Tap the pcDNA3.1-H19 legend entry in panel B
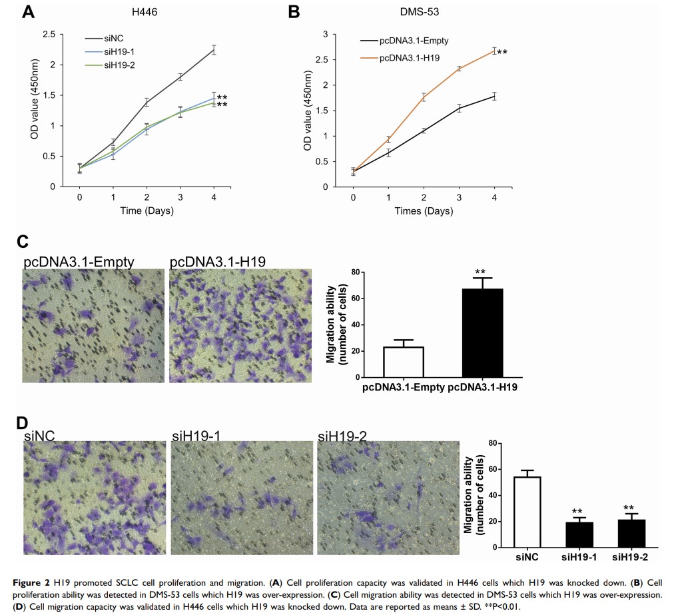coord(409,58)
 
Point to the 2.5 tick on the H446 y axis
coord(48,35)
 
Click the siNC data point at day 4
coord(214,49)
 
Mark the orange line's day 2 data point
coord(423,97)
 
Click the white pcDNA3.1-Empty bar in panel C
coord(404,362)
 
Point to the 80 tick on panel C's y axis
coord(356,273)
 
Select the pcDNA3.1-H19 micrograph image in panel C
coord(240,326)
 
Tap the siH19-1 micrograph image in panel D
coord(240,498)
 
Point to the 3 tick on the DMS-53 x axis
coord(458,197)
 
